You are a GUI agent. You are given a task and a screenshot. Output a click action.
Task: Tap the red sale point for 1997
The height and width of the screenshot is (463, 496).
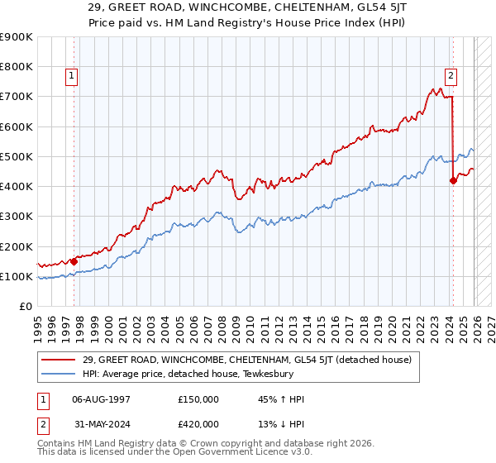pyautogui.click(x=74, y=261)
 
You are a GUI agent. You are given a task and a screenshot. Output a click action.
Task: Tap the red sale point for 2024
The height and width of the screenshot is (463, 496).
pyautogui.click(x=453, y=180)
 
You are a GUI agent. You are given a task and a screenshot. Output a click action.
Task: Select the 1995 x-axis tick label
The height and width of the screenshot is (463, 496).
pyautogui.click(x=38, y=327)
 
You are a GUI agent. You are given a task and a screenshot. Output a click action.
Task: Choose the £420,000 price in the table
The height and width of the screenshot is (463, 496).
pyautogui.click(x=198, y=427)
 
